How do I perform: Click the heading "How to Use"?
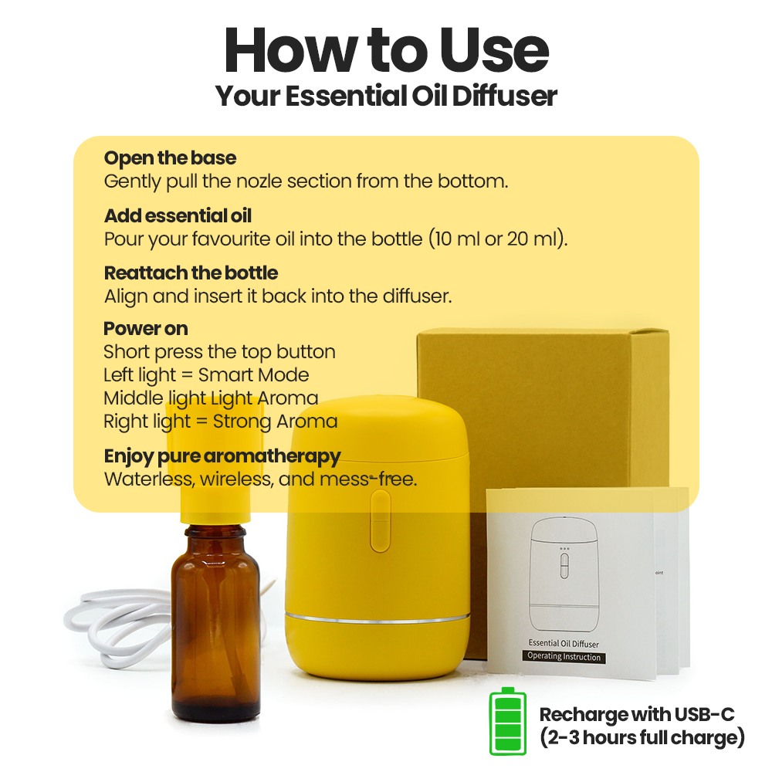[x=386, y=51]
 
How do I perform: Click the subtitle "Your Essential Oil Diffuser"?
[x=386, y=96]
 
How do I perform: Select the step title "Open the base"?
[x=170, y=158]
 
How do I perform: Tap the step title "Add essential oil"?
[x=178, y=215]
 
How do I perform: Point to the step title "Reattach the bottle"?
[x=191, y=273]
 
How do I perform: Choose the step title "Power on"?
[x=145, y=328]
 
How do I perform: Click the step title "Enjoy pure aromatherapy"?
[x=222, y=455]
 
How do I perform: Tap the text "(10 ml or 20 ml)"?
[x=498, y=239]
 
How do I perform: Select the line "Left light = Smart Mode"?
[x=206, y=375]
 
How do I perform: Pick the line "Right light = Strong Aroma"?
[x=220, y=422]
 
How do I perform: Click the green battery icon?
[x=507, y=721]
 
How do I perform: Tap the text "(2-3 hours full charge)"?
[x=642, y=738]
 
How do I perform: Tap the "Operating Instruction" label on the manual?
[x=564, y=656]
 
